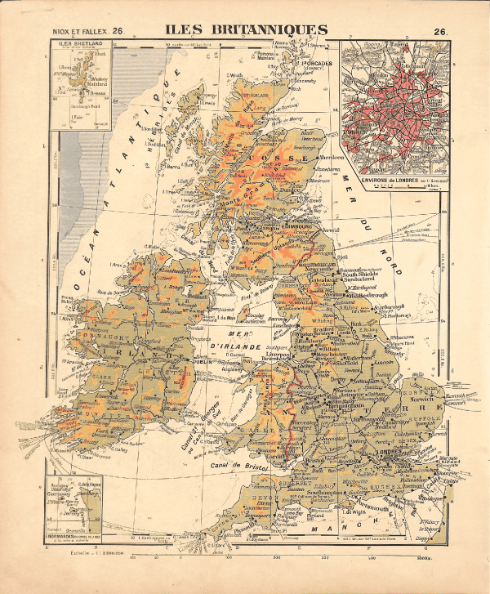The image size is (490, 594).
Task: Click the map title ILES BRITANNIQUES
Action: point(245,30)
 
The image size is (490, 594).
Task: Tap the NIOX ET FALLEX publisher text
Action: point(77,32)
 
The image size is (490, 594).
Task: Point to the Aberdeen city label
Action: point(332,157)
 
